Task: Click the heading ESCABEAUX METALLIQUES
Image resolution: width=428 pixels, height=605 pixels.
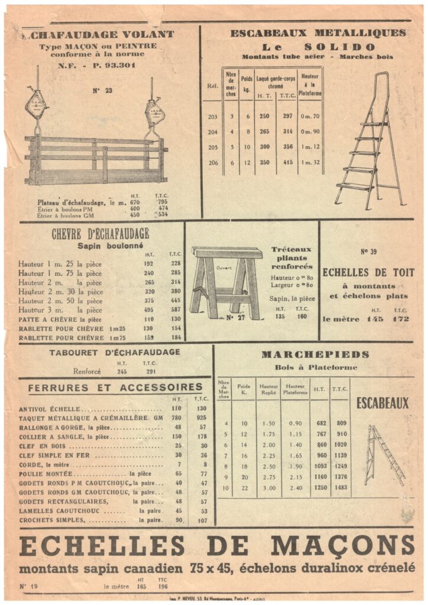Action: pyautogui.click(x=318, y=33)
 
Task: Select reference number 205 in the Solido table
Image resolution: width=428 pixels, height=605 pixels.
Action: pyautogui.click(x=213, y=147)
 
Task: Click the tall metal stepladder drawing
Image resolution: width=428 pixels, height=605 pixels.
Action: pyautogui.click(x=369, y=142)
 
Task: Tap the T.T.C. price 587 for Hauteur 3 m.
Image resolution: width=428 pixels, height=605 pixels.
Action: pyautogui.click(x=175, y=310)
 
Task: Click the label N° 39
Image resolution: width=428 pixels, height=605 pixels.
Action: pyautogui.click(x=368, y=252)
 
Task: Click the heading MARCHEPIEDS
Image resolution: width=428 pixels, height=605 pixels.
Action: pyautogui.click(x=315, y=354)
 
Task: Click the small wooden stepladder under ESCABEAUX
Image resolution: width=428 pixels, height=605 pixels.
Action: pyautogui.click(x=385, y=454)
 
